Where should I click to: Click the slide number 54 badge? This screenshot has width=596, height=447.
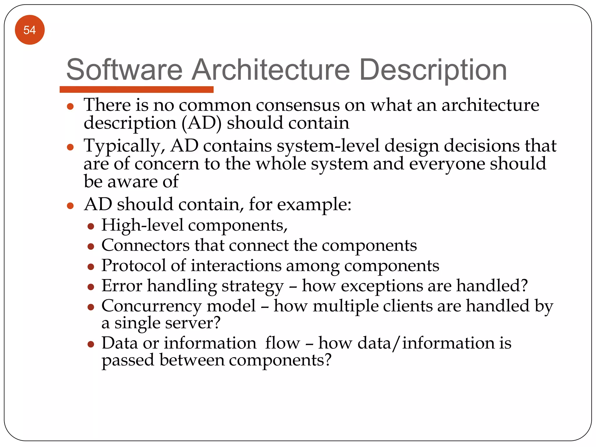point(30,30)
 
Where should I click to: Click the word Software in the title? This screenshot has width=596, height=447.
point(124,70)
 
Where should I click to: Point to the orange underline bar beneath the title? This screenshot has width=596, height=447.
point(136,89)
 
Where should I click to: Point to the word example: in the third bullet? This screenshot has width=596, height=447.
point(314,205)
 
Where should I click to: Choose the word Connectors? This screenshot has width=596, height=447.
point(146,245)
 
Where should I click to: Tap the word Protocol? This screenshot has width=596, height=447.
point(134,265)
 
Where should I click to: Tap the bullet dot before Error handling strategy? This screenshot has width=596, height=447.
point(91,287)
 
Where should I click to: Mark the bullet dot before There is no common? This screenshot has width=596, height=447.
point(70,107)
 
